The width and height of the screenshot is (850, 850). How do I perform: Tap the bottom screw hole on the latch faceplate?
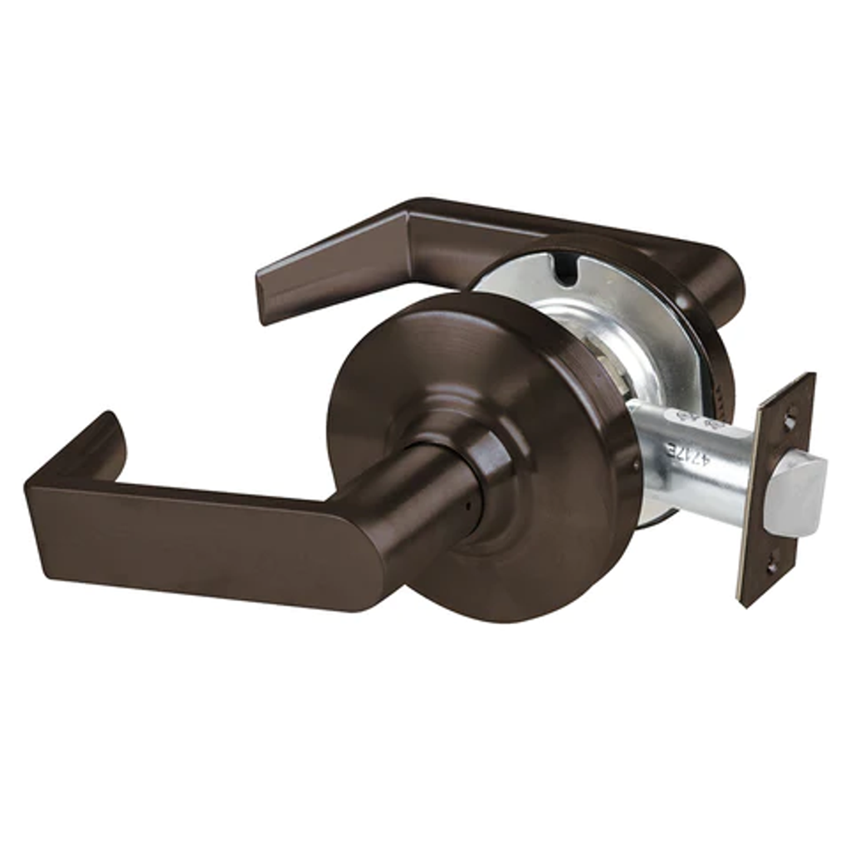coord(771,566)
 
